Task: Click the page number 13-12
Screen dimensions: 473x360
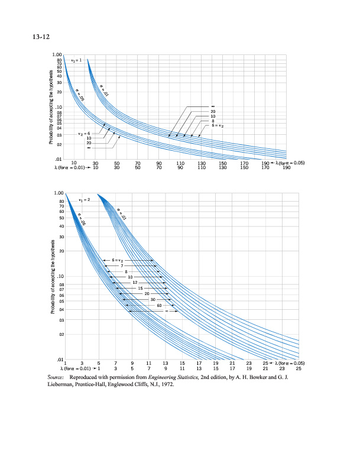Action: coord(40,39)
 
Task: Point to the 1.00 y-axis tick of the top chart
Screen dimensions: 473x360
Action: coord(57,54)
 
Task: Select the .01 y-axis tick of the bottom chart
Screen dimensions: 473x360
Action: coord(60,359)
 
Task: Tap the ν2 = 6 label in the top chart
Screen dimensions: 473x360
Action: coord(85,134)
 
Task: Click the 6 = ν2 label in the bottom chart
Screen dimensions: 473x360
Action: coord(113,260)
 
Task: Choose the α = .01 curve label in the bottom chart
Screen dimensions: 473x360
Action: coord(122,212)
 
